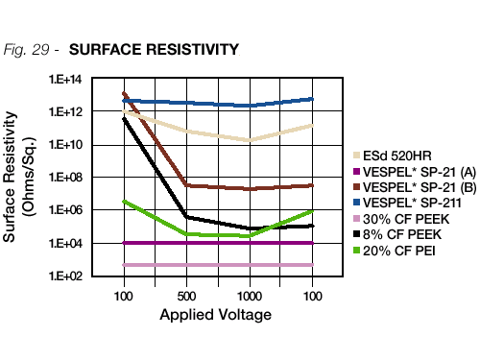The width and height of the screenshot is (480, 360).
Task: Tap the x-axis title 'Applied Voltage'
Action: [x=215, y=315]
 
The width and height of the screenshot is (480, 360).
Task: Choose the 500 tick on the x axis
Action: [x=186, y=294]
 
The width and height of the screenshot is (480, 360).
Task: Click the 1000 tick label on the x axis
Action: [x=250, y=294]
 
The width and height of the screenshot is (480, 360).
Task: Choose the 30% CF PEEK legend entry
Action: [x=403, y=219]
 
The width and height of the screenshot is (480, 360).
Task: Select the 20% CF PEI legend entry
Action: [x=398, y=252]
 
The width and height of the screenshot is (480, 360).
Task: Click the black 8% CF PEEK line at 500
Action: [x=186, y=216]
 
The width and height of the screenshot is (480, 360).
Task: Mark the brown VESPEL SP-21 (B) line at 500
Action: [x=186, y=185]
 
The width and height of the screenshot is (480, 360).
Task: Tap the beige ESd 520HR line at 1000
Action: [x=250, y=140]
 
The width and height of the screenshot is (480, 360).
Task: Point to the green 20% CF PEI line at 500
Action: [x=186, y=233]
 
